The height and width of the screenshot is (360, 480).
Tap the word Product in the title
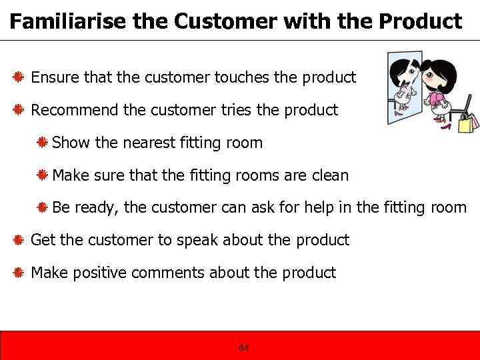[x=420, y=21]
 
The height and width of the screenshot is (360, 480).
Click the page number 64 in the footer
[x=243, y=348]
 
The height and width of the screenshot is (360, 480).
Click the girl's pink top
[x=438, y=100]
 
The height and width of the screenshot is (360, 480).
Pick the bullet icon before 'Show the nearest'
[x=41, y=143]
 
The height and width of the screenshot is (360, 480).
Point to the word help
[x=320, y=207]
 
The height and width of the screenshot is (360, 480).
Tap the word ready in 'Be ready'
[x=97, y=208]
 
